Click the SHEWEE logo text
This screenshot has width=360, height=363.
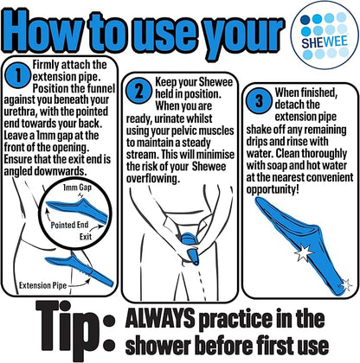[325, 42]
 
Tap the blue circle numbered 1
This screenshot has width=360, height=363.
[18, 76]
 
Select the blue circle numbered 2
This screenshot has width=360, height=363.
[139, 92]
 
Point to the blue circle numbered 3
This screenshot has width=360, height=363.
[259, 101]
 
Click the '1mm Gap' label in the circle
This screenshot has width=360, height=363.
[77, 188]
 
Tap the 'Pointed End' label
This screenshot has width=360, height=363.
[69, 225]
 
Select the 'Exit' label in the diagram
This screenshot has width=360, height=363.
[86, 237]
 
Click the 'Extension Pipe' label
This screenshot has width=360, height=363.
[43, 285]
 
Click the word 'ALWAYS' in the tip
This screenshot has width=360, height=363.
[160, 319]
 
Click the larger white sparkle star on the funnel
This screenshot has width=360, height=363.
[304, 252]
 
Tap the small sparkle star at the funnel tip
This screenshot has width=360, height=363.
[346, 285]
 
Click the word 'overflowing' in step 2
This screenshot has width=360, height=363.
[153, 179]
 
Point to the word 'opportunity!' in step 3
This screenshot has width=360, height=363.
[273, 190]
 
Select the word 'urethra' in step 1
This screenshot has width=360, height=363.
[20, 111]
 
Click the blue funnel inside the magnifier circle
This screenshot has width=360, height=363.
[77, 210]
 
